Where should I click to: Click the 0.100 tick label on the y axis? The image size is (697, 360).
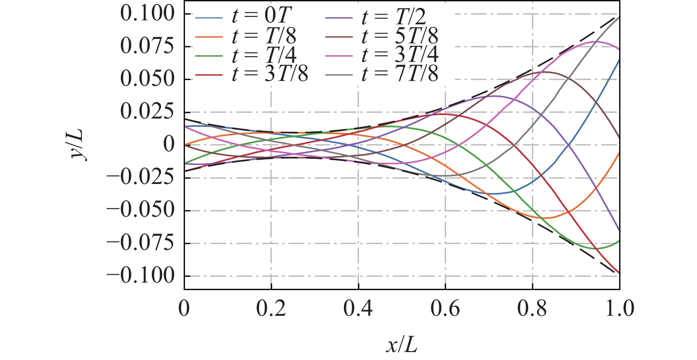tap(147, 14)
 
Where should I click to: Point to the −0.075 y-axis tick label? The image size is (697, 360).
tap(141, 243)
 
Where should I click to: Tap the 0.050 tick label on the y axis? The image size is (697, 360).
tap(147, 79)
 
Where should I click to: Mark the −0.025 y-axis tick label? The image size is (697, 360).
tap(141, 178)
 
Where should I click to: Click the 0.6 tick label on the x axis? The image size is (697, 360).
tap(445, 308)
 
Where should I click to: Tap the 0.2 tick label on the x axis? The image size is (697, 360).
tap(271, 308)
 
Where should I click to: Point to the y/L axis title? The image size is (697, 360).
tap(80, 145)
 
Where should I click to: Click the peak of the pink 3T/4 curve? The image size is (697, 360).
tap(593, 42)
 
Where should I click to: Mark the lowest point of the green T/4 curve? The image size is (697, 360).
tap(598, 249)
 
